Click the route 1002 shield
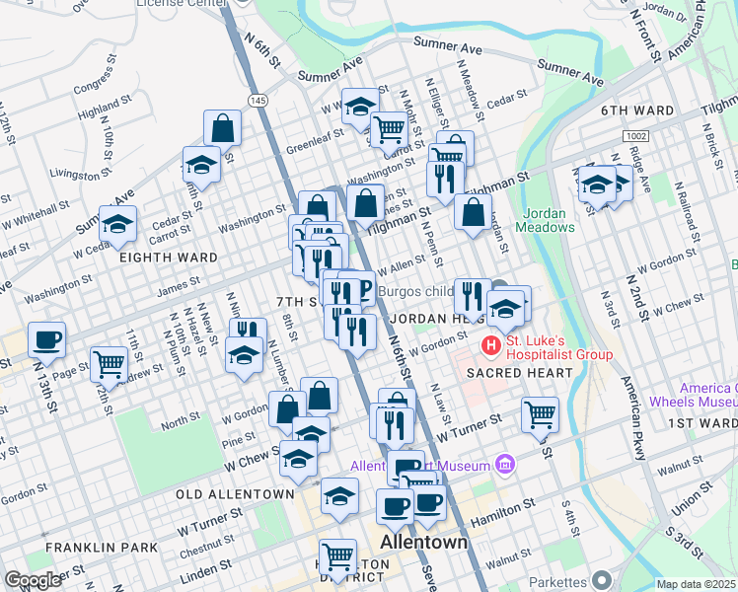click(634, 134)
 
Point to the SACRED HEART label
click(520, 373)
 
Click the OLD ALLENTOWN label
click(235, 493)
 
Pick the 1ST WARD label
click(701, 423)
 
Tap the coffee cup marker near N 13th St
click(47, 340)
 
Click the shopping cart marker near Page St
click(109, 364)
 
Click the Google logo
click(33, 580)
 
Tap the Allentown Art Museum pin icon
click(505, 465)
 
